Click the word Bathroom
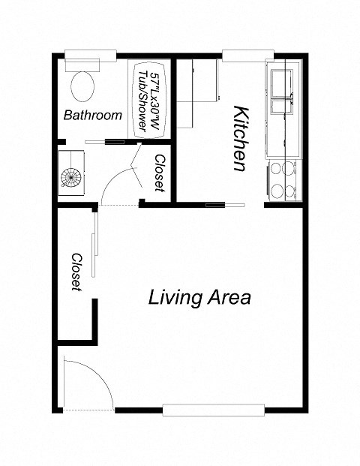pos(92,116)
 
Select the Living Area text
pos(199,297)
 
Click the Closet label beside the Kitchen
pos(160,173)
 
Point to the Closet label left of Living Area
pos(76,272)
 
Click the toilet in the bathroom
pos(84,85)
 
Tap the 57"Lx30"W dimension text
pos(154,98)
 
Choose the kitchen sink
pos(283,91)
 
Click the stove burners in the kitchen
pos(283,179)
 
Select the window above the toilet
pos(90,54)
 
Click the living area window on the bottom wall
pos(214,410)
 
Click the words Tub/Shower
pos(142,98)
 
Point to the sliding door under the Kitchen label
pos(225,203)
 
